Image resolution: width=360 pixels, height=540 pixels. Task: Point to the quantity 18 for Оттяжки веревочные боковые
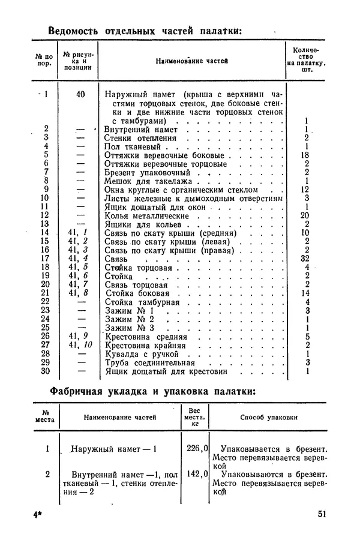click(305, 154)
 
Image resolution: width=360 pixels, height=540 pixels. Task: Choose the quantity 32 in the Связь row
click(305, 258)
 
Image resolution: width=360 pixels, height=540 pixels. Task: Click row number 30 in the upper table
click(44, 371)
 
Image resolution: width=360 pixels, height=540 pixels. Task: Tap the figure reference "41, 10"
click(81, 345)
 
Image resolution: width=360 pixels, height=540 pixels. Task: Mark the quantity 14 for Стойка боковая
click(305, 293)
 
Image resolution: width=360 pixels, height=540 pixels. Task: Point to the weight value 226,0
click(196, 447)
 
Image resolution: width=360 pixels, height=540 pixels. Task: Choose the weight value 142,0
click(196, 473)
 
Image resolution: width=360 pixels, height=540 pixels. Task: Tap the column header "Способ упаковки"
click(269, 417)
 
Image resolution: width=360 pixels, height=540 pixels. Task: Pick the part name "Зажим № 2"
click(130, 319)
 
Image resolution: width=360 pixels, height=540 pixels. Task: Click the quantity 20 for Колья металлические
click(305, 215)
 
